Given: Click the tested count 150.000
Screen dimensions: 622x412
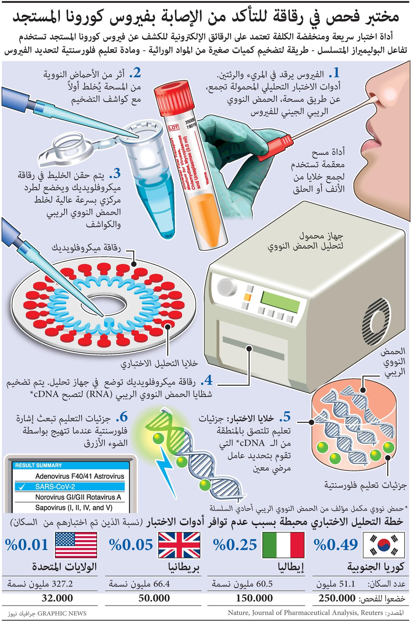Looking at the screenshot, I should [254, 598].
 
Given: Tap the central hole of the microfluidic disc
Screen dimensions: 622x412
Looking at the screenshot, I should [103, 303].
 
